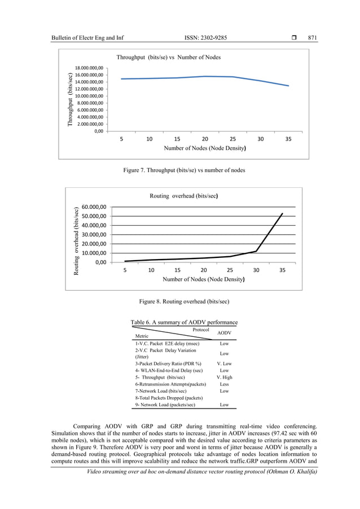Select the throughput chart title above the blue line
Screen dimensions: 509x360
tap(168, 57)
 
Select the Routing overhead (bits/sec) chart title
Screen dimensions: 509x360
tap(184, 196)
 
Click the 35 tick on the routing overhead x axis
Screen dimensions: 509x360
tap(283, 270)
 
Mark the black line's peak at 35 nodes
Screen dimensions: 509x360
tap(283, 213)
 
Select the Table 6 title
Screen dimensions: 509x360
tap(184, 322)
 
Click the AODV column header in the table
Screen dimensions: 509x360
tap(224, 334)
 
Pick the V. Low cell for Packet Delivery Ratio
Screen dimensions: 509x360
tap(224, 362)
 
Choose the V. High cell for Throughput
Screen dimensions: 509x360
tap(224, 377)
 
